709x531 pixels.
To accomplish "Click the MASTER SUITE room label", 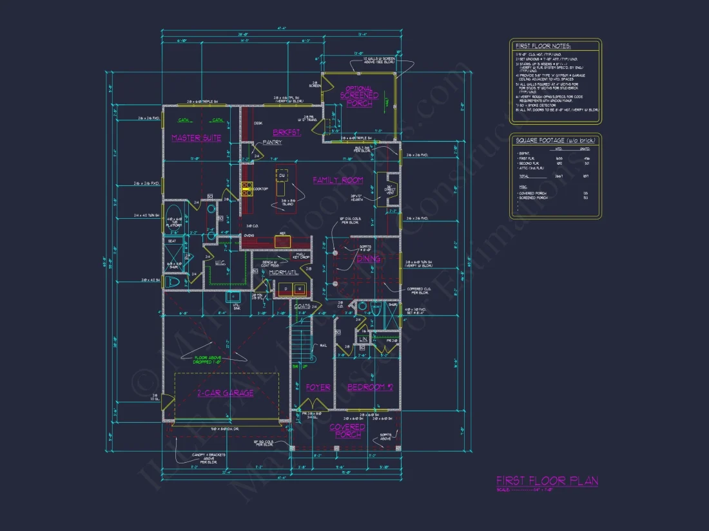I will pos(196,138).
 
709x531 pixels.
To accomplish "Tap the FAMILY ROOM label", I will pos(338,180).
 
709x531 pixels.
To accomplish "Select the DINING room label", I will pos(369,259).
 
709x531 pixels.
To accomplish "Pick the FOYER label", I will pos(318,387).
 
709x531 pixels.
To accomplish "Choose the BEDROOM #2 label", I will pos(370,387).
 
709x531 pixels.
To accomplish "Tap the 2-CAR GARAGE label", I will pos(225,393).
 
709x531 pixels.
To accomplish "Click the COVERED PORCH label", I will pos(347,431).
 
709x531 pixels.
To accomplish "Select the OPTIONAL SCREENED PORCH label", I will pos(359,96).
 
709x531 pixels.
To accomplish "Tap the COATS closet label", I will pos(302,306).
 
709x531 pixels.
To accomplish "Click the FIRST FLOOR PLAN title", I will pos(547,481).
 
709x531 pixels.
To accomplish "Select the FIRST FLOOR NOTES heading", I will pos(543,46).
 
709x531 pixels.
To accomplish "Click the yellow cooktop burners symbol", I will pos(247,188).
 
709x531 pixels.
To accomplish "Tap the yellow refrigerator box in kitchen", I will pos(282,241).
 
